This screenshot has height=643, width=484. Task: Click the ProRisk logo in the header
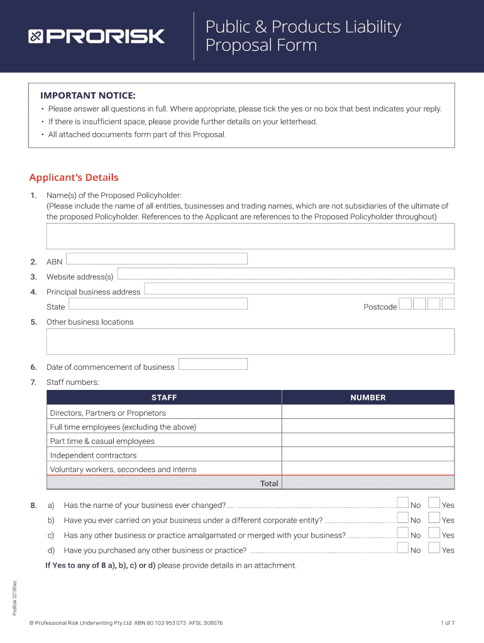click(x=96, y=36)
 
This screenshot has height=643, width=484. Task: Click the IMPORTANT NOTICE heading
click(x=87, y=95)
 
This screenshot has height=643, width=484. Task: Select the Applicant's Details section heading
click(x=74, y=178)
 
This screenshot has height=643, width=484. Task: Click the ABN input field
click(x=157, y=259)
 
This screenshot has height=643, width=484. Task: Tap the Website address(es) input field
click(x=285, y=274)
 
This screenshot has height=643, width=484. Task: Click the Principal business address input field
click(x=299, y=289)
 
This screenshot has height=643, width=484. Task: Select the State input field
click(x=157, y=304)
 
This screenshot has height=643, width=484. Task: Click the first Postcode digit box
click(x=405, y=304)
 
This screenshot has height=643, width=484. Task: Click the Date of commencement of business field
click(x=212, y=364)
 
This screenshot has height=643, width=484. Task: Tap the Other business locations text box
click(x=250, y=342)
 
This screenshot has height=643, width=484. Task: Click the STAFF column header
click(x=164, y=397)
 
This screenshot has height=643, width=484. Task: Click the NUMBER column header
click(x=368, y=397)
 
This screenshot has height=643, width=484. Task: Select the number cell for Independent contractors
click(x=368, y=455)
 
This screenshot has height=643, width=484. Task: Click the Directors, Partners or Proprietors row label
click(x=108, y=413)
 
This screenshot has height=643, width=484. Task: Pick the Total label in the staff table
click(x=269, y=484)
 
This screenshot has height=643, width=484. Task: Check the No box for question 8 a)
click(x=403, y=502)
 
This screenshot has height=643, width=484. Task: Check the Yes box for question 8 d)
click(x=434, y=548)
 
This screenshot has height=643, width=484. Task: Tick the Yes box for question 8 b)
click(x=434, y=517)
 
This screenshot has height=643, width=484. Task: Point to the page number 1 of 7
click(x=447, y=623)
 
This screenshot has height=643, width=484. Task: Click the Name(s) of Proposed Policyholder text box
click(x=250, y=236)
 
